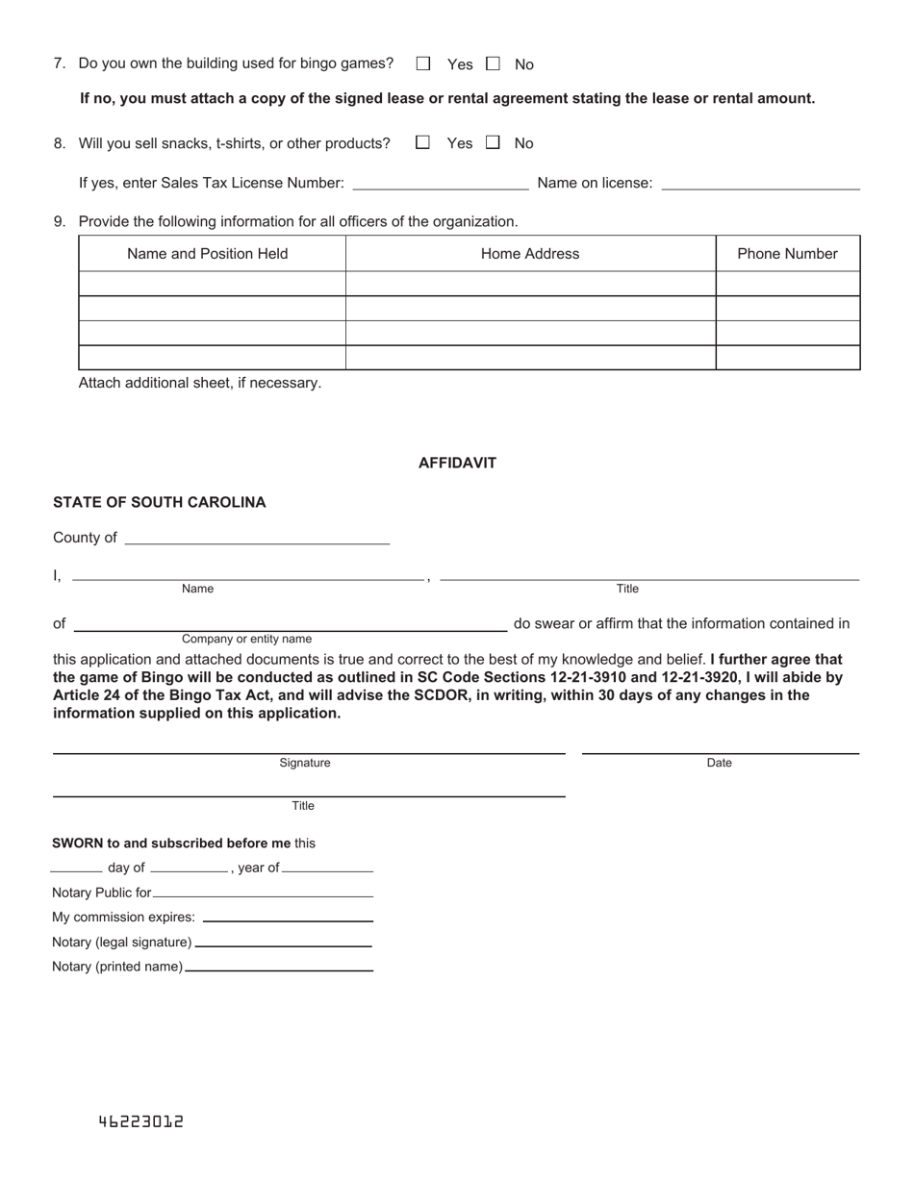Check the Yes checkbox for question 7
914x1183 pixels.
(423, 63)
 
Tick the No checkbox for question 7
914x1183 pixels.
(494, 63)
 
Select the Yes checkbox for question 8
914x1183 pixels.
(422, 142)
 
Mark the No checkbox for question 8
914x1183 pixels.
(494, 142)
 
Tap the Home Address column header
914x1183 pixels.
(530, 254)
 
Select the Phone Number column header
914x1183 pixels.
(787, 254)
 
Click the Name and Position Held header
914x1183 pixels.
(208, 254)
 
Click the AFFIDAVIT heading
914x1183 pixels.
(457, 463)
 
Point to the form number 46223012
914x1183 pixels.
(140, 1121)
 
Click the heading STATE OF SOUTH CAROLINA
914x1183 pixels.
(160, 502)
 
